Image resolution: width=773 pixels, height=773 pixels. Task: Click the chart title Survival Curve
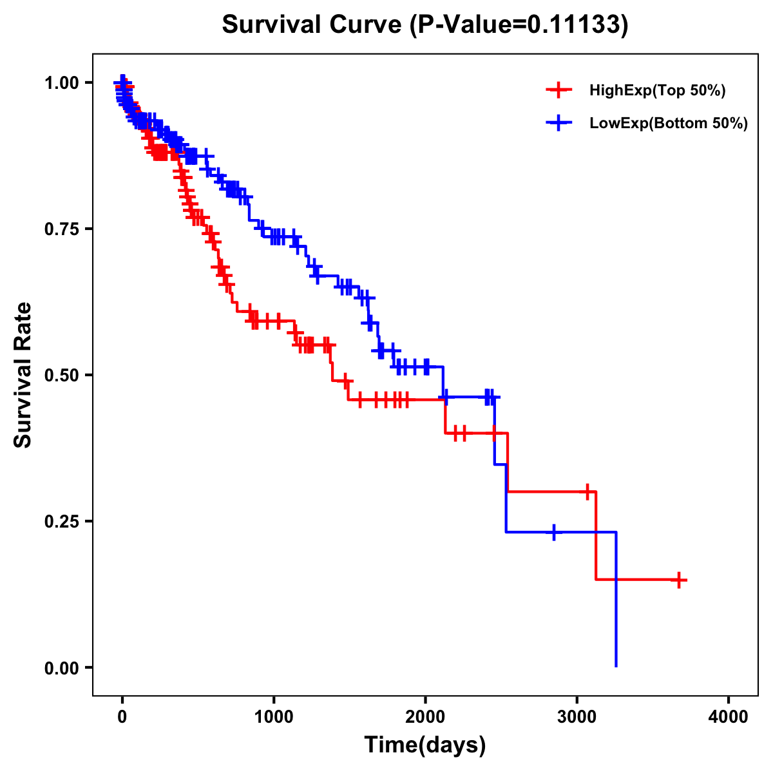tap(425, 24)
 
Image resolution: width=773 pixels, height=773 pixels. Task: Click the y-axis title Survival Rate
tap(23, 374)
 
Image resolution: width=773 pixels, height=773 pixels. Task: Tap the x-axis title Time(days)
tap(425, 745)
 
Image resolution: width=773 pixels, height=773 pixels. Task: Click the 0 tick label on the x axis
tap(122, 717)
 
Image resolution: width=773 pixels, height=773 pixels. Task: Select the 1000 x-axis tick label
tap(274, 717)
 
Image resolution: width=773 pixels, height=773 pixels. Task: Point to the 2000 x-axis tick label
tap(425, 717)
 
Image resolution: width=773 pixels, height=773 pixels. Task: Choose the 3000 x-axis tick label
tap(577, 717)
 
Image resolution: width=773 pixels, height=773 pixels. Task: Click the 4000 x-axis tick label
tap(729, 717)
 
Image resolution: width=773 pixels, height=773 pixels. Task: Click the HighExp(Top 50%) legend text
tap(657, 91)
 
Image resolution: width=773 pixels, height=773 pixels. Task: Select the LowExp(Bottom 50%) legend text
tap(669, 123)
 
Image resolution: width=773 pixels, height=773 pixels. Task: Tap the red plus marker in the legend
tap(559, 91)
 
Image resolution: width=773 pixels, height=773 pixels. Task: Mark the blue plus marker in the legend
tap(559, 123)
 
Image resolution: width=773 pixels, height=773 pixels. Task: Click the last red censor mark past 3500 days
tap(678, 580)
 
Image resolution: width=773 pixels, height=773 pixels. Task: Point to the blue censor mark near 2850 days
tap(554, 532)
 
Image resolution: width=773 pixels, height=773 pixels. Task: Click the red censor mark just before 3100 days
tap(587, 491)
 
